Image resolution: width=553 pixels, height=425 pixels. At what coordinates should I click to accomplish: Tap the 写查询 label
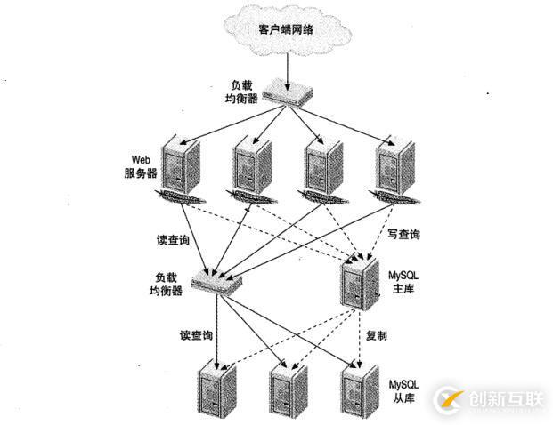coord(404,235)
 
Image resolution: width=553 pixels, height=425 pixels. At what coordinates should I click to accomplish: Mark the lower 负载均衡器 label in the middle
coord(165,285)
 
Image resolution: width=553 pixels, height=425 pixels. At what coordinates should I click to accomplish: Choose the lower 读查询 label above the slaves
coord(195,335)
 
